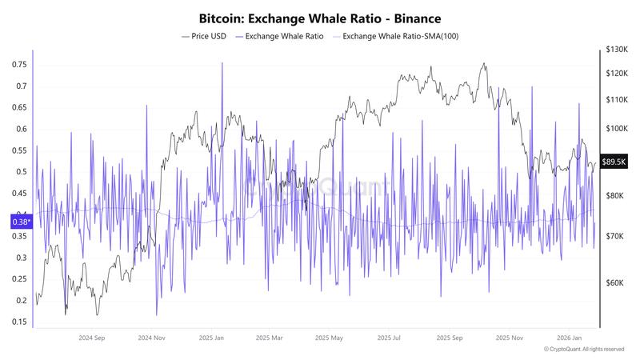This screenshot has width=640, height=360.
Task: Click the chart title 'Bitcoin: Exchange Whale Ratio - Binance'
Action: click(319, 17)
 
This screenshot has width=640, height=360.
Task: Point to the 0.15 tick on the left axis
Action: click(19, 322)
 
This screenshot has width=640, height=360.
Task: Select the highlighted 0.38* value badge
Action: click(20, 222)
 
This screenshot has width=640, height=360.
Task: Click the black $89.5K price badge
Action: click(614, 162)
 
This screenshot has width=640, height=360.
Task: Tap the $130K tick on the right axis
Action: click(616, 50)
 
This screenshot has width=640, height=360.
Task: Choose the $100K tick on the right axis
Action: click(616, 129)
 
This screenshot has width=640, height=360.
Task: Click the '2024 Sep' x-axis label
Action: click(92, 338)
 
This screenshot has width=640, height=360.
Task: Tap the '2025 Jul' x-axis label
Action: click(390, 338)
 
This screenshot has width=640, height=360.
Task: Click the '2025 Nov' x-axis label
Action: click(510, 338)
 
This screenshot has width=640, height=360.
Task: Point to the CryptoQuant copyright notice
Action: click(583, 350)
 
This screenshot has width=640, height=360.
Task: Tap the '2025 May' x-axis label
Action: click(330, 338)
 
